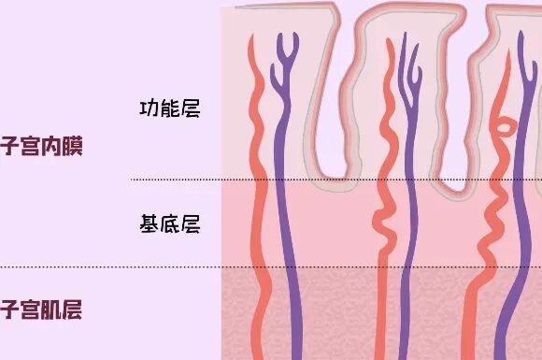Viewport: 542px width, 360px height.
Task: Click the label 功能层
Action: (x=170, y=108)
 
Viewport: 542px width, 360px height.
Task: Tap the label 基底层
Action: (x=170, y=224)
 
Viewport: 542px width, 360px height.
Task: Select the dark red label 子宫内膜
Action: (x=40, y=147)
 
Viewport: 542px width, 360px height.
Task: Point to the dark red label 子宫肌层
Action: (x=40, y=309)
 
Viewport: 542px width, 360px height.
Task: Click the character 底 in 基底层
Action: (x=170, y=224)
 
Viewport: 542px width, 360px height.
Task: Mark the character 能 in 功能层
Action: (x=170, y=108)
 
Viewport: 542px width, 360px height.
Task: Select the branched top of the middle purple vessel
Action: (x=407, y=51)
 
